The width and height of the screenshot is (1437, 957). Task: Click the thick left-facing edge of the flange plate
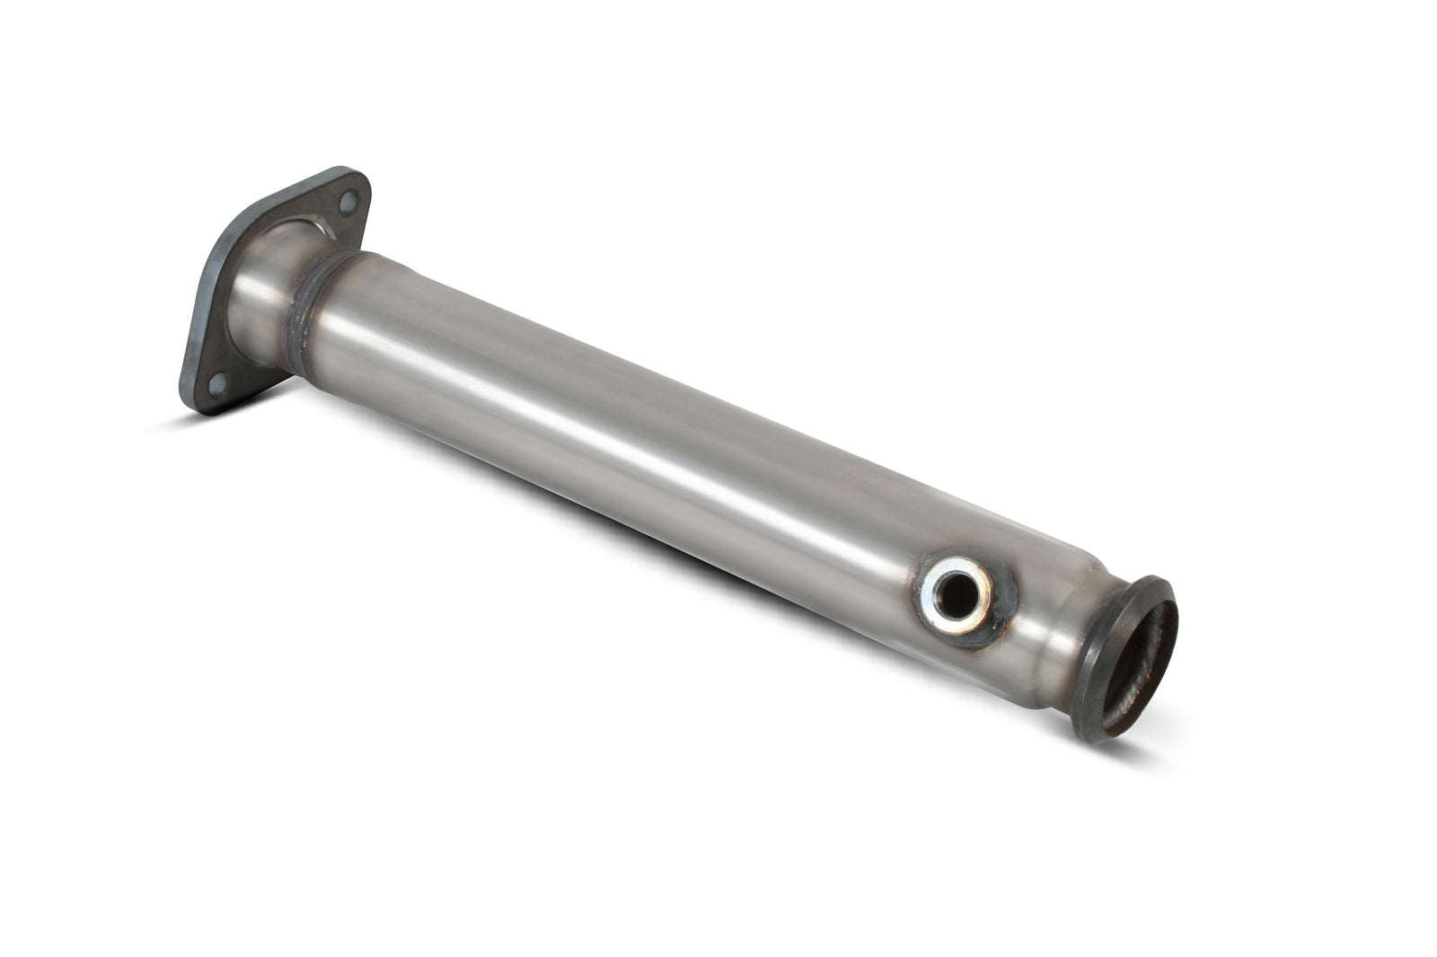[x=202, y=296]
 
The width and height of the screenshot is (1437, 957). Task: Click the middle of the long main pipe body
[x=629, y=431]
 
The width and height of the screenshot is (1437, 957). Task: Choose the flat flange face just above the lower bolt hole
[x=220, y=355]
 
